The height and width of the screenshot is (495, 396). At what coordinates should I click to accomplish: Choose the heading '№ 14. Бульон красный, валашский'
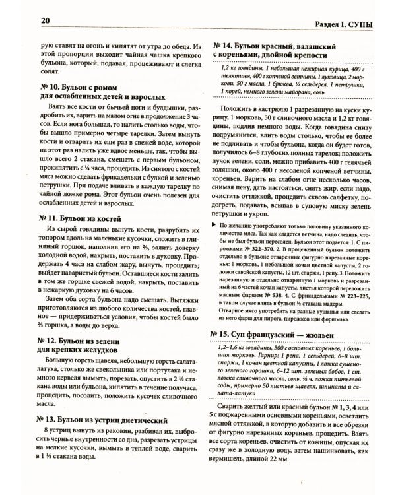coord(277,45)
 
